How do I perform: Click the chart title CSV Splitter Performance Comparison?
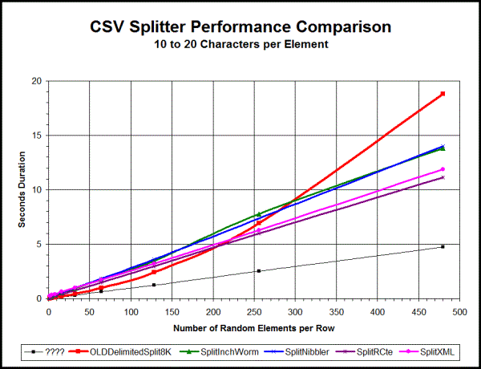[240, 26]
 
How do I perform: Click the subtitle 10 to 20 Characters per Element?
[240, 44]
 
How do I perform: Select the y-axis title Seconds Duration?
[22, 189]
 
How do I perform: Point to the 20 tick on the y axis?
[38, 81]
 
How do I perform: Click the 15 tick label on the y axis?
[38, 136]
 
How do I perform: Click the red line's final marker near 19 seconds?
[443, 94]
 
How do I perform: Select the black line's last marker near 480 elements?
[443, 246]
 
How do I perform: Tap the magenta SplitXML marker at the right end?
[443, 169]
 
